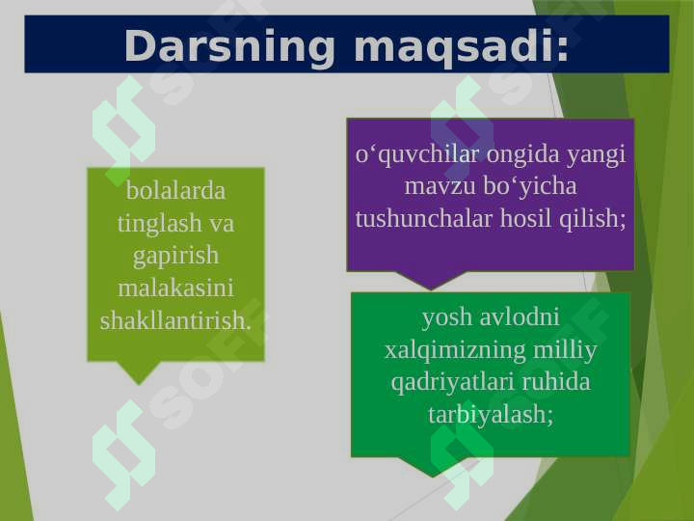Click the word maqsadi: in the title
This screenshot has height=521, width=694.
pos(461,45)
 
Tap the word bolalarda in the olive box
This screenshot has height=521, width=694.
pos(175,190)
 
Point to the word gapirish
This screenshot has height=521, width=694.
pos(175,256)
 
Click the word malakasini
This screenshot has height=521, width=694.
pos(175,288)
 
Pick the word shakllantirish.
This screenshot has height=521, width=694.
pos(175,320)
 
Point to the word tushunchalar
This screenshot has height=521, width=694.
pos(425,218)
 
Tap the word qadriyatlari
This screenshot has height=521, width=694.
pos(451,382)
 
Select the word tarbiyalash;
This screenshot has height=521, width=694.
pos(491,415)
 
